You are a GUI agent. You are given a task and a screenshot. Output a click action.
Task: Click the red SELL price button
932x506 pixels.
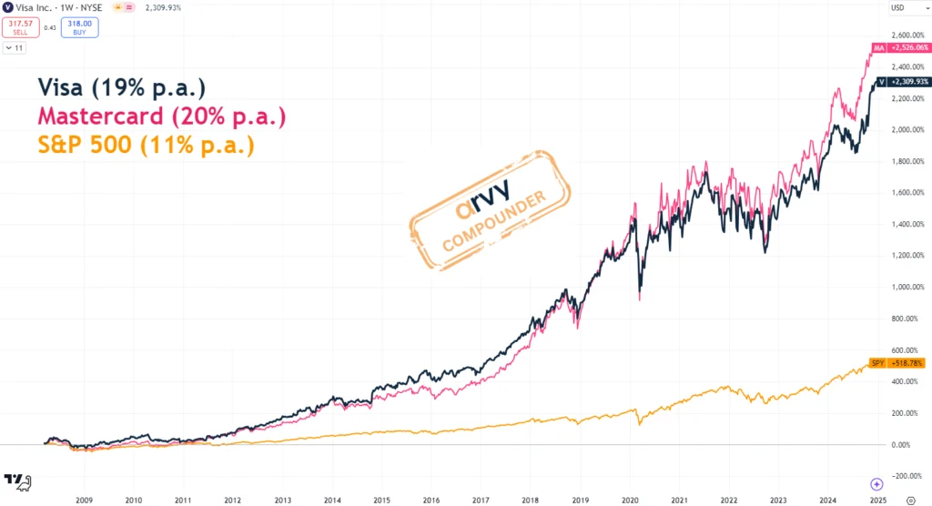(21, 26)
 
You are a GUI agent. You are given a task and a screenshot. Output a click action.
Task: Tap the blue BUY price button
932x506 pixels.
(80, 26)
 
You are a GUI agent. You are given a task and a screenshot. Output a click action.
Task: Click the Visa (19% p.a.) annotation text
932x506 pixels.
(122, 87)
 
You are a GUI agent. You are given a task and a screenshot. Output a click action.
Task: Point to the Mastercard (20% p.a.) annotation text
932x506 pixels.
(161, 116)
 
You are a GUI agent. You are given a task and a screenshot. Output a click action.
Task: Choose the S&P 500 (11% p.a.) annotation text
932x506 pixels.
(146, 146)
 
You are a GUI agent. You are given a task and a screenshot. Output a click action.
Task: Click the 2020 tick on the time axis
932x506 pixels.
(630, 475)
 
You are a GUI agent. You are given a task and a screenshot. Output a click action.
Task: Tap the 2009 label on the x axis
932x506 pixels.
(84, 475)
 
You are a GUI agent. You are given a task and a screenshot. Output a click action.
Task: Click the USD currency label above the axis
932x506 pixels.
(897, 8)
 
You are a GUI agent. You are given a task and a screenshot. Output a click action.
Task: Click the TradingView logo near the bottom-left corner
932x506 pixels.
(17, 480)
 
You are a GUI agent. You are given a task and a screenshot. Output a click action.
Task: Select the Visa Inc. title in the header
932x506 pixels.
(37, 8)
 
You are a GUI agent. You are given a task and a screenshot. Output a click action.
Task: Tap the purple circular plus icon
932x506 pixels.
(876, 484)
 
